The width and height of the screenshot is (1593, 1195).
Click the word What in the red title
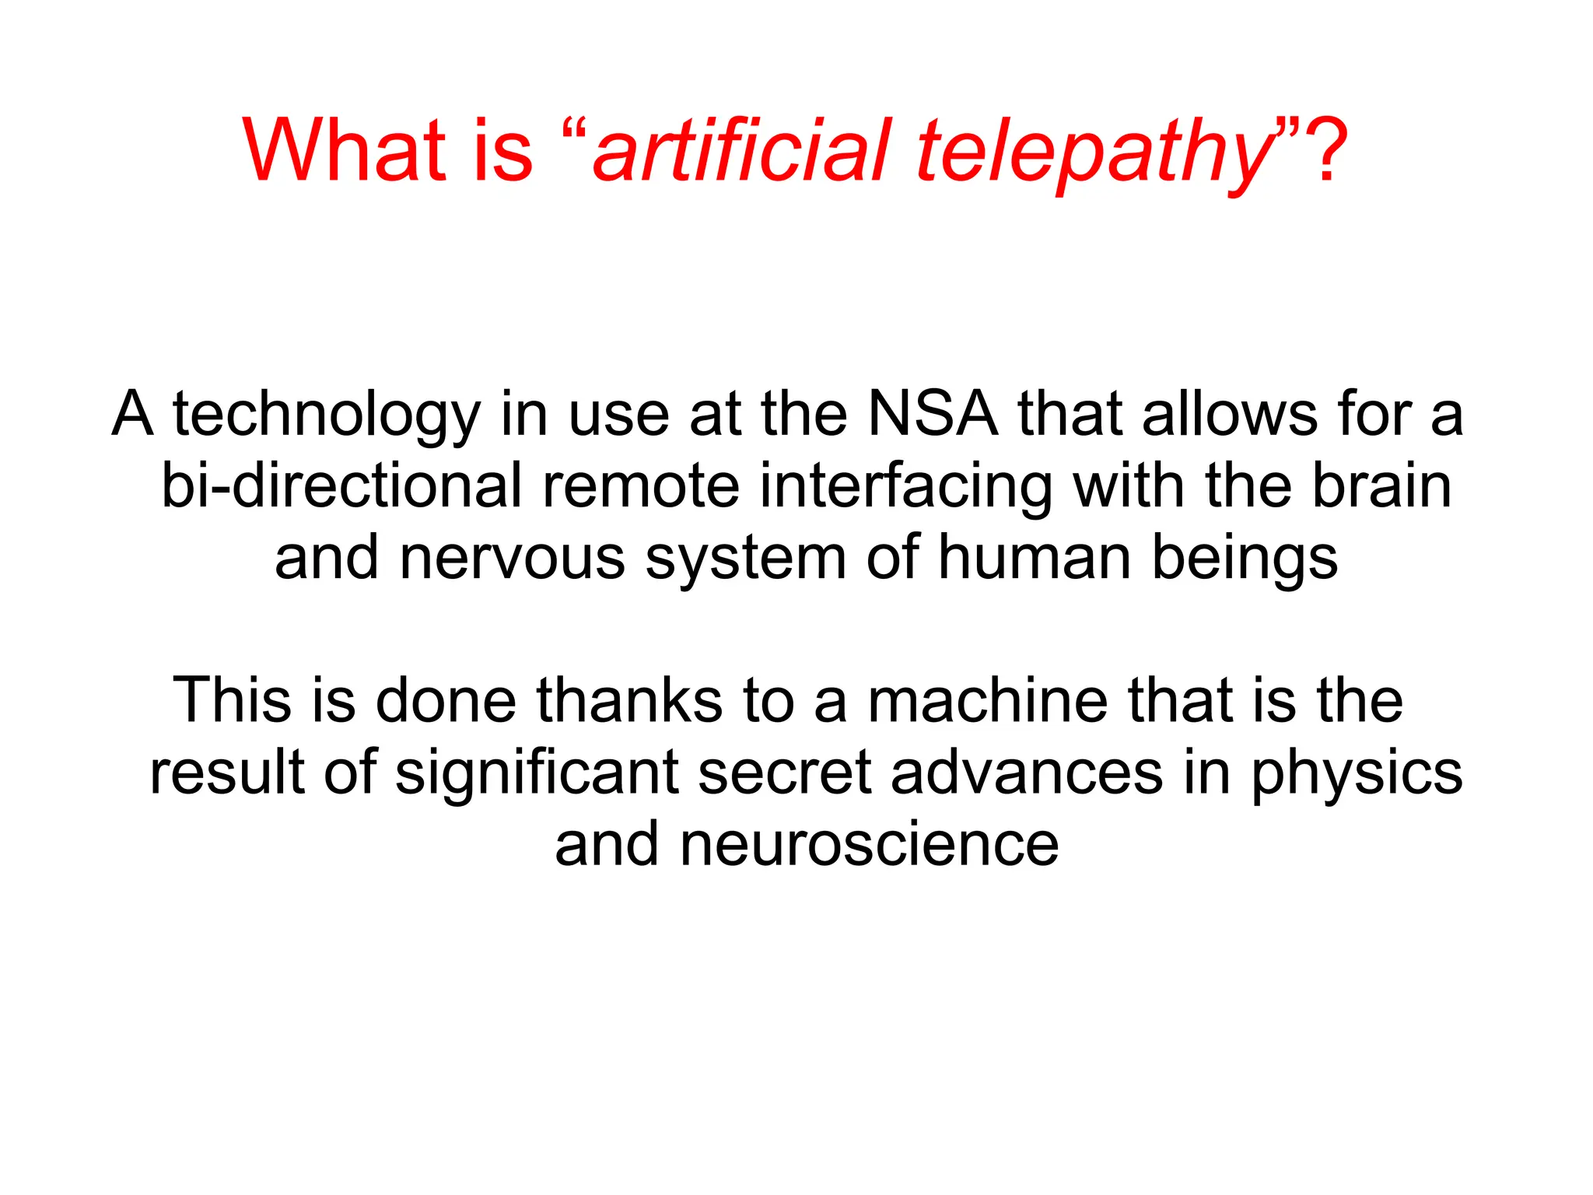click(x=343, y=150)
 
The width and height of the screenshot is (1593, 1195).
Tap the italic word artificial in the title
click(x=740, y=150)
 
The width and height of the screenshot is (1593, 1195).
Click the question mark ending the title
click(x=1324, y=150)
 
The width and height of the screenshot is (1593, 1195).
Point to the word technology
click(x=326, y=416)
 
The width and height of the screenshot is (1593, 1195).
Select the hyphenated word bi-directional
click(x=341, y=486)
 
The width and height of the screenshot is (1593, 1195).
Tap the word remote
click(x=640, y=486)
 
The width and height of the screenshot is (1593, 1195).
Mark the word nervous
click(x=512, y=558)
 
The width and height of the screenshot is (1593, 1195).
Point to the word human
click(x=1034, y=558)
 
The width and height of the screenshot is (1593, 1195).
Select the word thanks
click(x=629, y=700)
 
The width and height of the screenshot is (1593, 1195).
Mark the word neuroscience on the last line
click(x=869, y=844)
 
